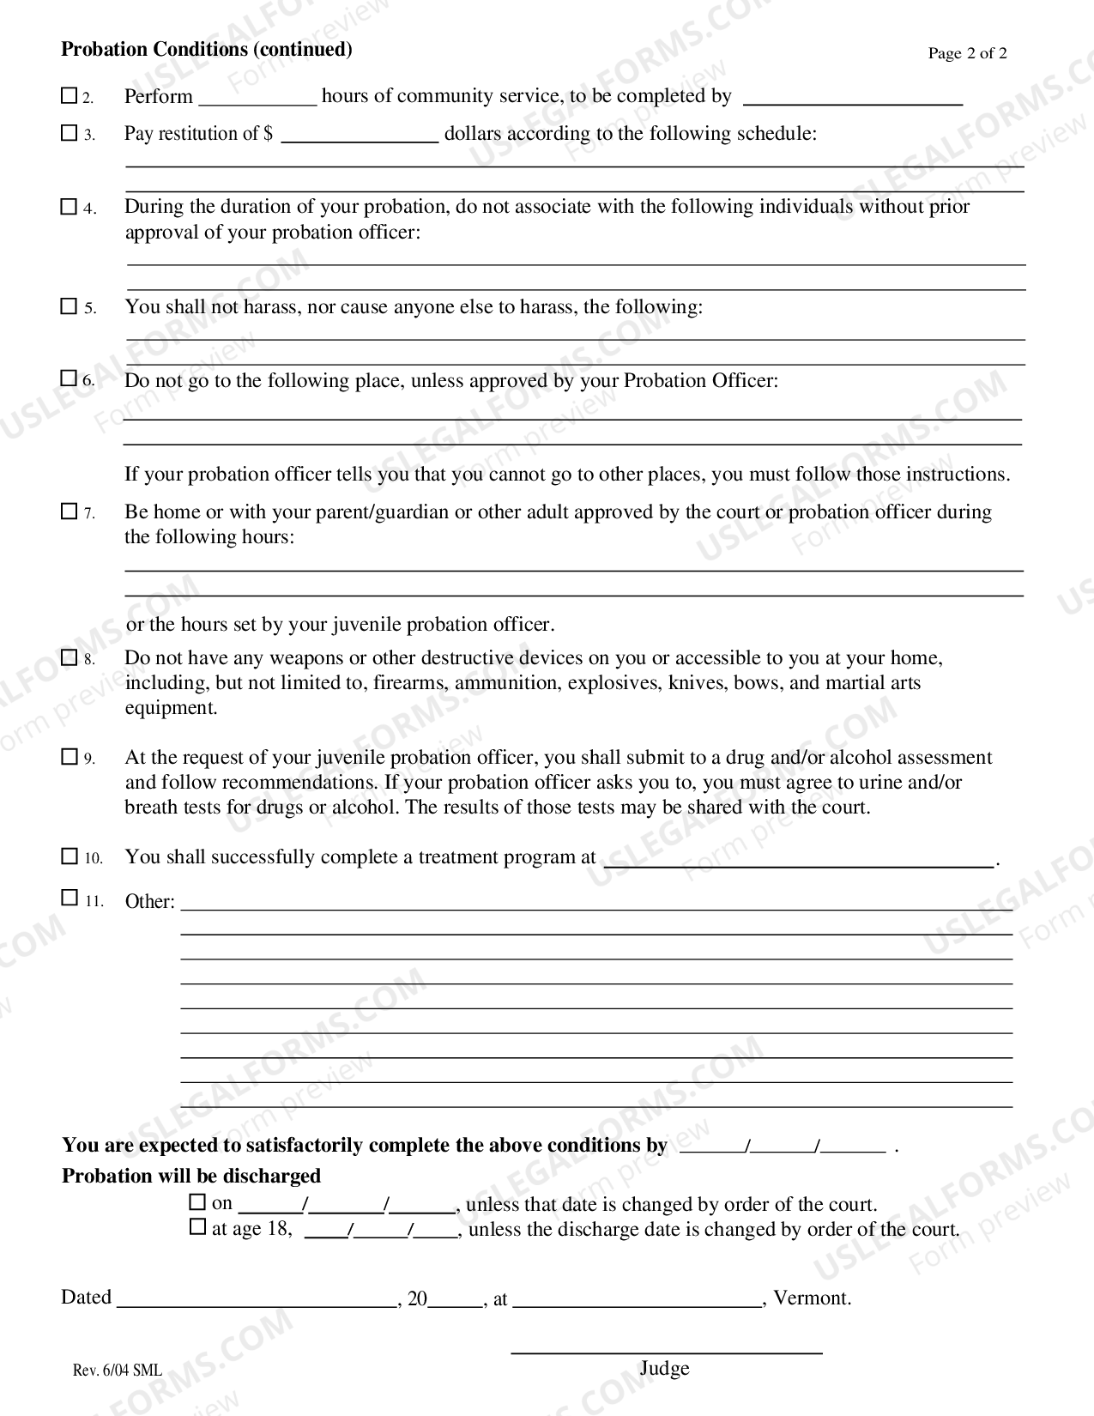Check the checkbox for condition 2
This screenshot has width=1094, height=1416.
point(70,96)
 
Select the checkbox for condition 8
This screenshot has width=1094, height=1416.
point(70,658)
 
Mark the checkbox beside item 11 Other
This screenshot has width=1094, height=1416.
point(70,899)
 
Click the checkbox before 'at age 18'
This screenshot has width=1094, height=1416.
point(198,1227)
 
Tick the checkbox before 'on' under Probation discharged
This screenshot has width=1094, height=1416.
point(198,1202)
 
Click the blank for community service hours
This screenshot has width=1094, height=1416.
point(257,98)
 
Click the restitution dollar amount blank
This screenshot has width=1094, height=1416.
point(360,135)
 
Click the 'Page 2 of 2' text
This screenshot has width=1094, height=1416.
point(967,53)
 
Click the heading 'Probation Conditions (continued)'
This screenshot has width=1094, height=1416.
point(207,49)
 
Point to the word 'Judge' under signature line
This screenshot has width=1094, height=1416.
point(664,1369)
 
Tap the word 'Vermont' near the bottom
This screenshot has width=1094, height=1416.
point(810,1298)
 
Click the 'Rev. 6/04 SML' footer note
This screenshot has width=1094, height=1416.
point(117,1371)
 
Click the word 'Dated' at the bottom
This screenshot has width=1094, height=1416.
point(86,1297)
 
